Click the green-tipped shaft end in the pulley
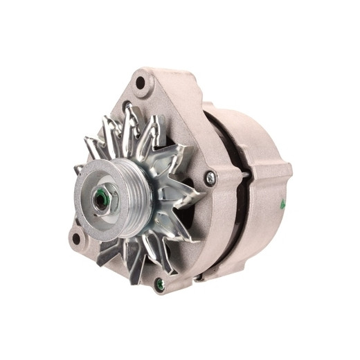click(x=102, y=197)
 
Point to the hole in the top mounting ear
click(x=141, y=83)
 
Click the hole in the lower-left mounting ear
click(x=76, y=240)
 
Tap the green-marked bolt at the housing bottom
click(x=159, y=282)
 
